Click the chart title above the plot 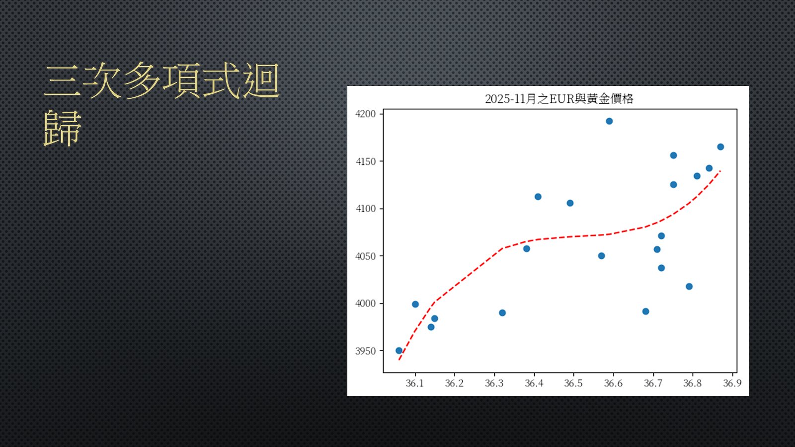(x=559, y=99)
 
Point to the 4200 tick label (x=365, y=114)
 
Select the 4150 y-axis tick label (x=365, y=161)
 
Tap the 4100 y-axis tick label (x=365, y=209)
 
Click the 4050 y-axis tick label (x=365, y=256)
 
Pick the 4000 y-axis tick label (x=365, y=303)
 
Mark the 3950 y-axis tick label (x=365, y=351)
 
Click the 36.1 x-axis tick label (x=415, y=383)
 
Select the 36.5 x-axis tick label (x=573, y=383)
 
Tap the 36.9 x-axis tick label (x=732, y=383)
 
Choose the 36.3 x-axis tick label (x=494, y=383)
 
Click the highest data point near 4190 (x=609, y=121)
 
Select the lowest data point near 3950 (x=399, y=351)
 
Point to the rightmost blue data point (x=720, y=147)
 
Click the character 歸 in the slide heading (x=63, y=128)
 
